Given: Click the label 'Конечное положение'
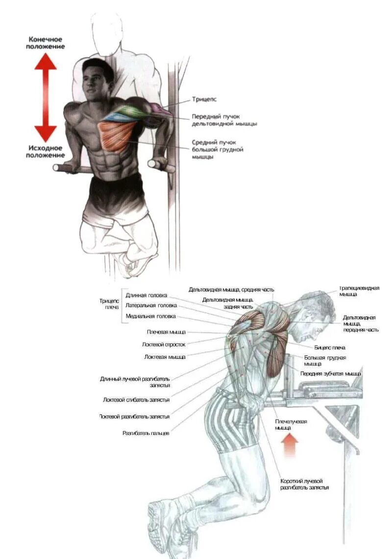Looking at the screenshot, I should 46,43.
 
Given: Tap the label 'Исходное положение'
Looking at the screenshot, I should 44,151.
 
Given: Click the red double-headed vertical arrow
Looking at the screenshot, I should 46,97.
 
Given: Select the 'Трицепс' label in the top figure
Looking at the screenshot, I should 204,100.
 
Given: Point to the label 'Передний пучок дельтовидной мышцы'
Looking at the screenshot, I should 224,120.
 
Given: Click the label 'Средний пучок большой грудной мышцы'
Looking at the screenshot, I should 218,149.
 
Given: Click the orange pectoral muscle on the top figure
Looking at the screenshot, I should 117,135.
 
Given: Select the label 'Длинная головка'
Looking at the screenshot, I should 146,295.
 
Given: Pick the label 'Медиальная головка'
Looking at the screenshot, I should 150,316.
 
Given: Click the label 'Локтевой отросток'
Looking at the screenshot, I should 164,344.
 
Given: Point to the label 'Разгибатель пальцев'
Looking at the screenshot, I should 146,433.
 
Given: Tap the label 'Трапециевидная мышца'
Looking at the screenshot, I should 359,291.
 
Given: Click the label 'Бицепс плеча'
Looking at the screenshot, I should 330,348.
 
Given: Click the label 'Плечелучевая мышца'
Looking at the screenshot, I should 291,425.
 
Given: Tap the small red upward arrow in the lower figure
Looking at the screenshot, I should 290,446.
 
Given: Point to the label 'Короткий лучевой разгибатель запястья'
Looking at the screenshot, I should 304,484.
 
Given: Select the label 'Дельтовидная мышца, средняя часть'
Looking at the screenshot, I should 231,289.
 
